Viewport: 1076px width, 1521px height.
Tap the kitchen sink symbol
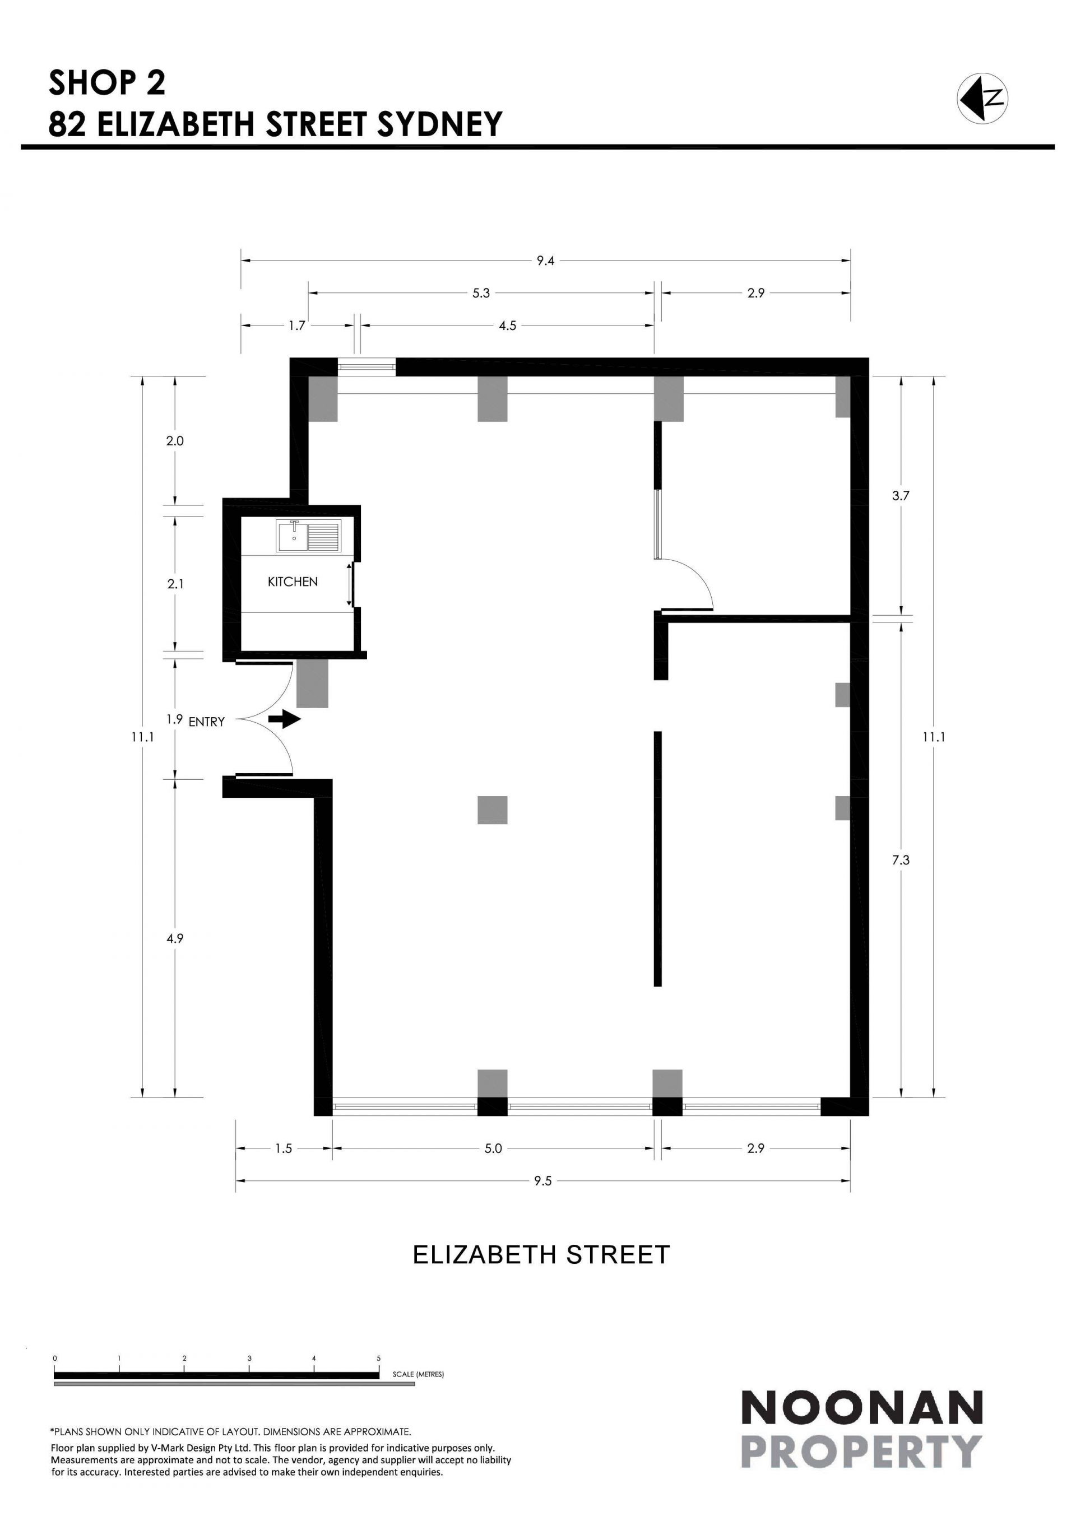[308, 536]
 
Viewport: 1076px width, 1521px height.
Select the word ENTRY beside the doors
[207, 722]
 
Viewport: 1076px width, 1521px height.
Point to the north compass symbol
[982, 98]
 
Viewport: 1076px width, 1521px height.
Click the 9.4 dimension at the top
[545, 261]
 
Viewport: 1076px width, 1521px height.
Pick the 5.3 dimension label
[481, 293]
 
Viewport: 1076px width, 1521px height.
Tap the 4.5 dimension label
[508, 326]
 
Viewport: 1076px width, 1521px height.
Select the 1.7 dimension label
[297, 326]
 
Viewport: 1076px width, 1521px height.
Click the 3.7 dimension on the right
[901, 496]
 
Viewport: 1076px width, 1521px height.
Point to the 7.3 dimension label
[901, 860]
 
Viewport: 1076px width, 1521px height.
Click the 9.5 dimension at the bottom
[542, 1181]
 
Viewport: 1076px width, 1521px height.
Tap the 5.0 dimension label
[493, 1148]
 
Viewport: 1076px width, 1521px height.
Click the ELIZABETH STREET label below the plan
[541, 1255]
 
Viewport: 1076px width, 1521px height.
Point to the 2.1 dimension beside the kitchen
[175, 584]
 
